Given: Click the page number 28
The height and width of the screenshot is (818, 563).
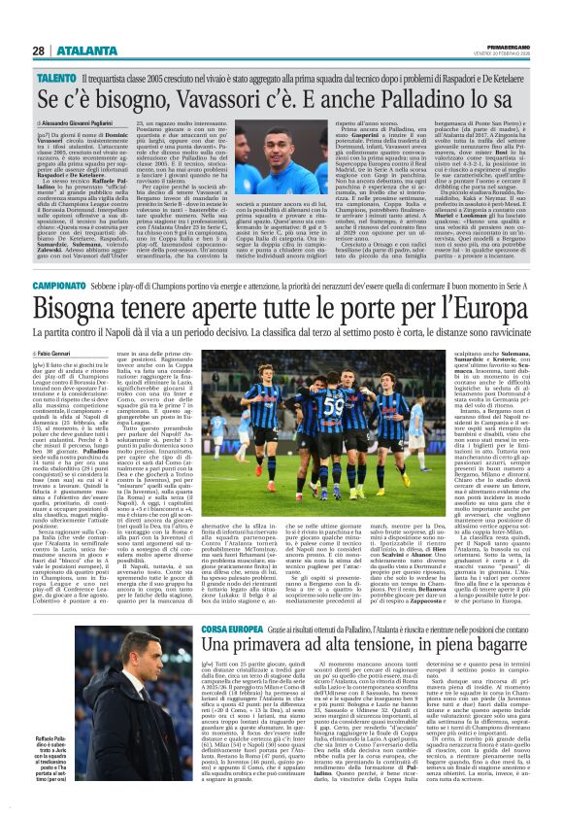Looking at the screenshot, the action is click(38, 51).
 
